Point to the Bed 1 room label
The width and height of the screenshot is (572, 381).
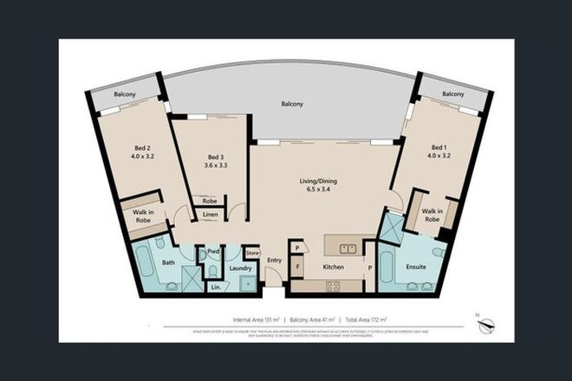pyautogui.click(x=439, y=148)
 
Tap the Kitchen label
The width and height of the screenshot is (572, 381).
pyautogui.click(x=334, y=268)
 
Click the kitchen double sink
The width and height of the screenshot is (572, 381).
pyautogui.click(x=349, y=249)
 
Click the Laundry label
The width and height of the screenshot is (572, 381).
pyautogui.click(x=241, y=268)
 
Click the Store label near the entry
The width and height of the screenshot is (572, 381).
pyautogui.click(x=252, y=253)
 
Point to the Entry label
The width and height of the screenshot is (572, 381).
pyautogui.click(x=275, y=260)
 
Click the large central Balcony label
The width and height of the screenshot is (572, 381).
pyautogui.click(x=291, y=103)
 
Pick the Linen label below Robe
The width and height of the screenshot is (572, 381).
pyautogui.click(x=211, y=214)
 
